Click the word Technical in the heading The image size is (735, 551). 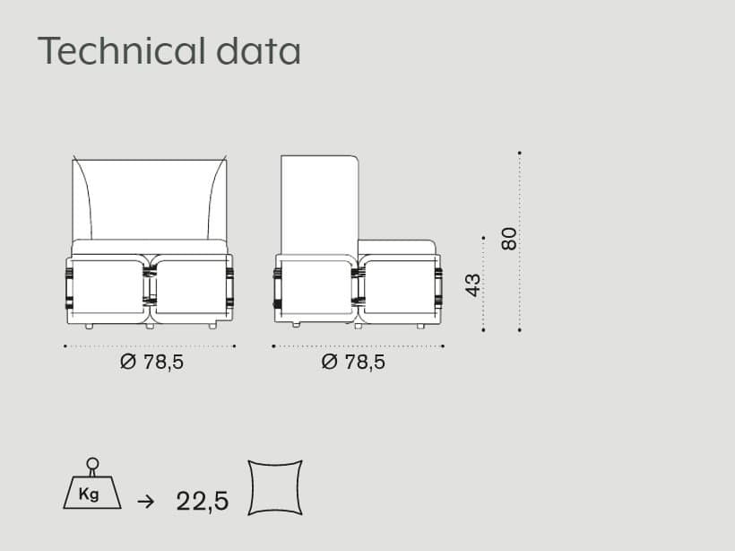121,50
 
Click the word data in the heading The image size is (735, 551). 258,50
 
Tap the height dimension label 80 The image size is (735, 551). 509,239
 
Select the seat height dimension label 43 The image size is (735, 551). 473,285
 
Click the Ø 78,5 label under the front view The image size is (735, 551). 151,363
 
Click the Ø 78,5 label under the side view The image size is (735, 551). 353,363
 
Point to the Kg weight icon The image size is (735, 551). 92,484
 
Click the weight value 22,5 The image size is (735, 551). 203,501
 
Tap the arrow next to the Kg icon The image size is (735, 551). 146,502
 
